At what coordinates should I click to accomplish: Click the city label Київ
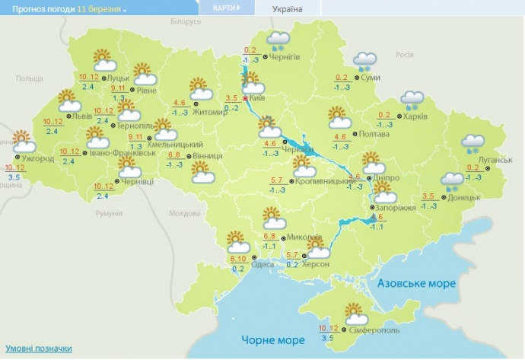click(x=258, y=98)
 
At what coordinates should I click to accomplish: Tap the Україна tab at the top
click(x=286, y=9)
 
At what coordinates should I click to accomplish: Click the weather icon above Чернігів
click(x=278, y=40)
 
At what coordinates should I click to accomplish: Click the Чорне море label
click(x=268, y=339)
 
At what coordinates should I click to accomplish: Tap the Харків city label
click(x=415, y=116)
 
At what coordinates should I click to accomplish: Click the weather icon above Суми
click(x=366, y=62)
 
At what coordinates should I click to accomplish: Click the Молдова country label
click(x=183, y=213)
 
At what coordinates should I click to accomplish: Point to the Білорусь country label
click(x=186, y=22)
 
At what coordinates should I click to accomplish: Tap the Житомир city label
click(x=218, y=113)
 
